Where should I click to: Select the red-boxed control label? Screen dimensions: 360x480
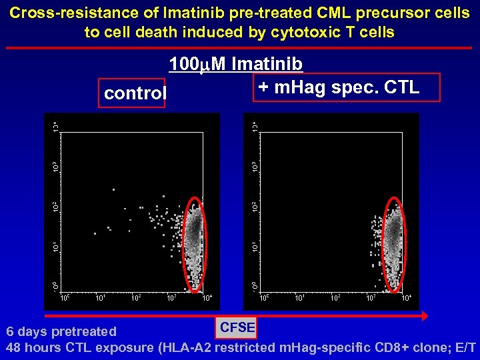click(x=134, y=93)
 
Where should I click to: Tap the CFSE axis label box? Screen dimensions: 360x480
click(x=237, y=327)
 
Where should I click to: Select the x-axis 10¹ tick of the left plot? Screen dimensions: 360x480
click(x=100, y=297)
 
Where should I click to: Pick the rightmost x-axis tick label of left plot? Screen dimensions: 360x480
click(x=207, y=297)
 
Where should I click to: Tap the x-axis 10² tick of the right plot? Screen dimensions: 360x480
click(x=335, y=297)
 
